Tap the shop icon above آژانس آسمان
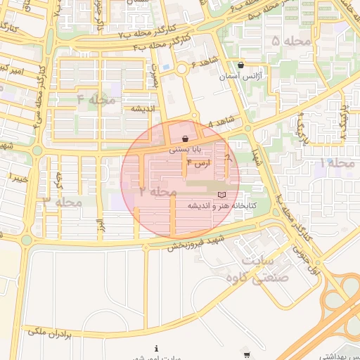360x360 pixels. [x=241, y=65]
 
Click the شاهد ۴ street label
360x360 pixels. [x=220, y=122]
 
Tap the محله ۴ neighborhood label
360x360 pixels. [x=96, y=99]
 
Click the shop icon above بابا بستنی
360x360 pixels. [x=185, y=139]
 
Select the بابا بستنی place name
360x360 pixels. [x=185, y=150]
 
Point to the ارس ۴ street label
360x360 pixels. [x=199, y=163]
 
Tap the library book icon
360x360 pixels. [x=222, y=194]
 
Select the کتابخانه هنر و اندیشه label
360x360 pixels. [x=220, y=205]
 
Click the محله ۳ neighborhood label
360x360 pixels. [x=63, y=202]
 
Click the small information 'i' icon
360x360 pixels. [x=156, y=348]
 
